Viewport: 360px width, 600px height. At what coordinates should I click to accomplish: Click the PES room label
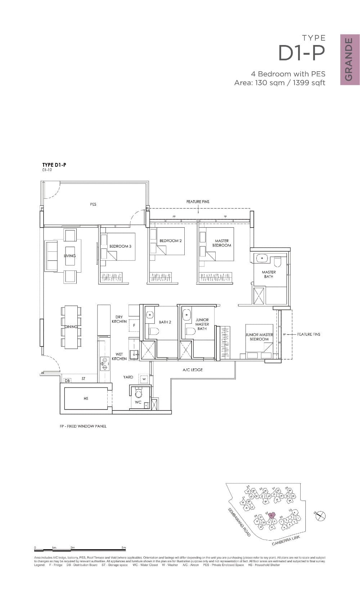tap(93, 204)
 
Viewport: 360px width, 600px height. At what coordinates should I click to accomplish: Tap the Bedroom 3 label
tap(120, 246)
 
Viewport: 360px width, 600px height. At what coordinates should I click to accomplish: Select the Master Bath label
tap(269, 274)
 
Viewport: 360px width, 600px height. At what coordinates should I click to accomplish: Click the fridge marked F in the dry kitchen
tap(134, 325)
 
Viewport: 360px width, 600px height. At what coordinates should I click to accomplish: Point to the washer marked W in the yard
tap(144, 379)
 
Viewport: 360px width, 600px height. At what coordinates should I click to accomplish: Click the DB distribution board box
tap(67, 380)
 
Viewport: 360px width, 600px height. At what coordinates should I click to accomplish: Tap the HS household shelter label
tap(86, 398)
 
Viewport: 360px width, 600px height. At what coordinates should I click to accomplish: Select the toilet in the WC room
tap(138, 394)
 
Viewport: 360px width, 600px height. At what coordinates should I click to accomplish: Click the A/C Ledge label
tap(193, 370)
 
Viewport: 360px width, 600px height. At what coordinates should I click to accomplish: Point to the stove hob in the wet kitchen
tap(104, 363)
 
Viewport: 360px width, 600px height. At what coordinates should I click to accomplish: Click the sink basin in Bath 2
tap(150, 315)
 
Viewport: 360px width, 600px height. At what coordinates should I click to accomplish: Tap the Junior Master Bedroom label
tap(259, 337)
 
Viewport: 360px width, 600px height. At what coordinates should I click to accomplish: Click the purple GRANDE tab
tap(350, 59)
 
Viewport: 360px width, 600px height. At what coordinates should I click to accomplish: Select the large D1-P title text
tap(302, 53)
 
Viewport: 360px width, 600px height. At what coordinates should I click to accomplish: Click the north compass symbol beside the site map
tap(320, 516)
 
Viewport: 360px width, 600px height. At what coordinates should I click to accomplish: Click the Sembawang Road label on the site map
tap(239, 523)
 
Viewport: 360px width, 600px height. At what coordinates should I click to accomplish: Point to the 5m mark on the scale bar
tap(124, 548)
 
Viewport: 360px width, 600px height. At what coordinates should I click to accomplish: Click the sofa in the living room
tap(51, 256)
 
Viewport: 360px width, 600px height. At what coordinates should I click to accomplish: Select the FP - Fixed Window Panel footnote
tap(83, 426)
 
